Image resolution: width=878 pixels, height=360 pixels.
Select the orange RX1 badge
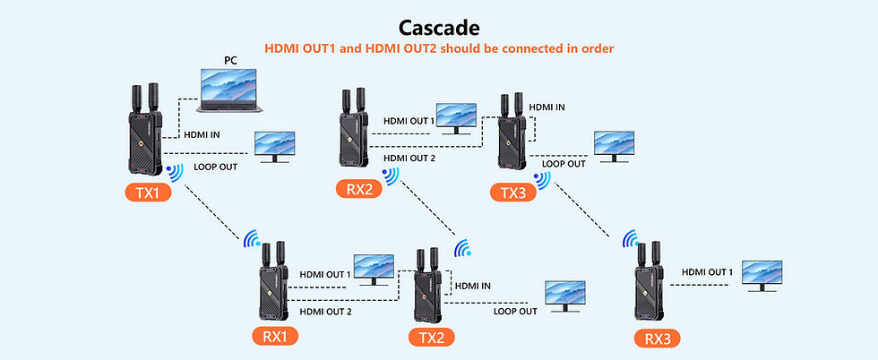click(x=274, y=337)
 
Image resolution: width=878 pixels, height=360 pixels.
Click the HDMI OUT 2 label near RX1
click(x=324, y=311)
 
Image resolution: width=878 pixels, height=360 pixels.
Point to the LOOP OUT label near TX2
click(x=515, y=311)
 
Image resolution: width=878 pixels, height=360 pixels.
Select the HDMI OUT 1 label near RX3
click(x=707, y=271)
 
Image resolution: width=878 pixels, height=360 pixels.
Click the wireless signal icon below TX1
click(x=173, y=171)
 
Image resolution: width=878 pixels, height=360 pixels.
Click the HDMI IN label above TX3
click(x=547, y=107)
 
